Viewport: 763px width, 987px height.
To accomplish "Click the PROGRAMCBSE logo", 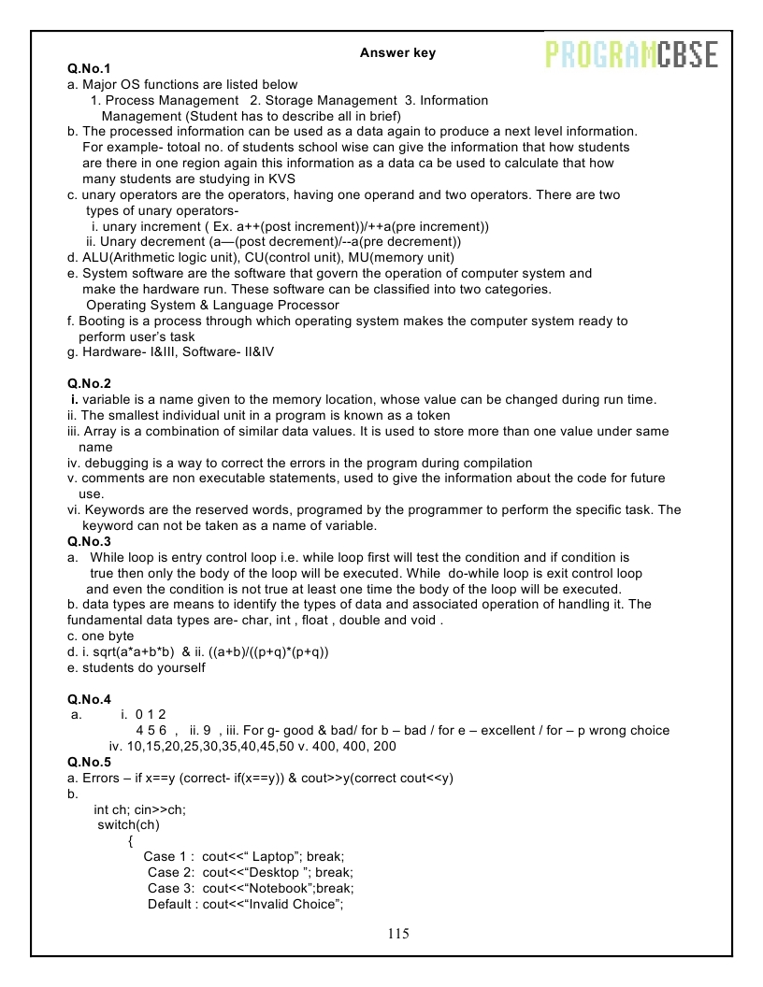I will (631, 55).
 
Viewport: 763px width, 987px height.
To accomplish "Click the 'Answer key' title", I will (397, 53).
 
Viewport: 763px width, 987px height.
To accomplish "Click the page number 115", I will (397, 934).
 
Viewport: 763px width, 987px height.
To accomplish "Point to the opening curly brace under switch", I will (130, 840).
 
